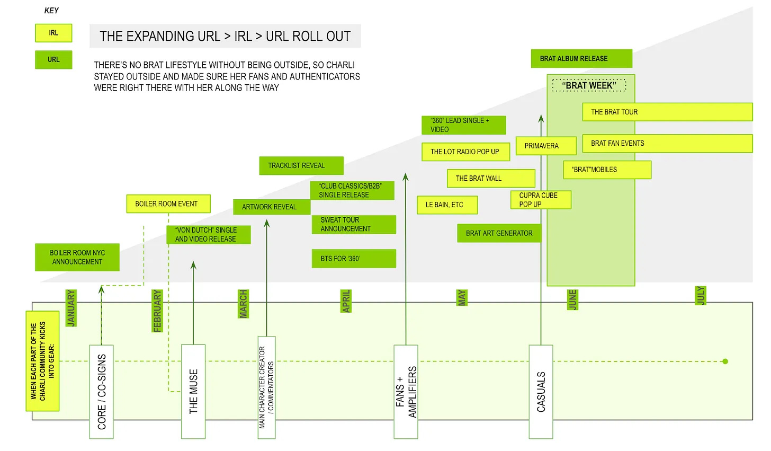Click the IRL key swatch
tap(53, 33)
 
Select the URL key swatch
tap(53, 59)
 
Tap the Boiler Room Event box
tap(168, 204)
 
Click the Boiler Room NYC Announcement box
tap(77, 258)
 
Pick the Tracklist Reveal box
tap(301, 166)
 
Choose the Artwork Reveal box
tap(272, 207)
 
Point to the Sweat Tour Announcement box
tap(354, 224)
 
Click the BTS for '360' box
tap(354, 259)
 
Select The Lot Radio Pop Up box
tap(466, 152)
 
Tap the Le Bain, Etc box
tap(447, 205)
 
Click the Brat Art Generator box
tap(499, 233)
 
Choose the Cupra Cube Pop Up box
tap(541, 200)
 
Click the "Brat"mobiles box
tap(607, 170)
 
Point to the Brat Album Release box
tap(581, 59)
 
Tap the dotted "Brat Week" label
tap(589, 85)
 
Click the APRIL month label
tap(346, 301)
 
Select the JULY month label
tap(701, 295)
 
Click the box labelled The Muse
tap(193, 391)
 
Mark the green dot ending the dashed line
tap(725, 361)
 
